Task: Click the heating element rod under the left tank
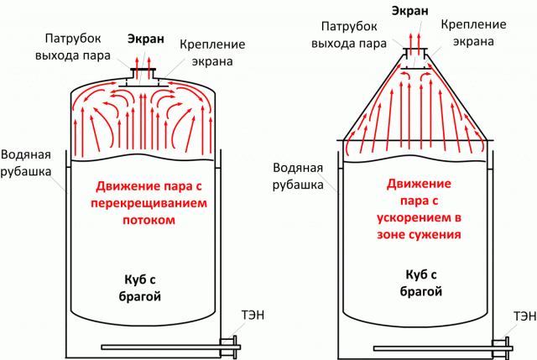tap(159, 343)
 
